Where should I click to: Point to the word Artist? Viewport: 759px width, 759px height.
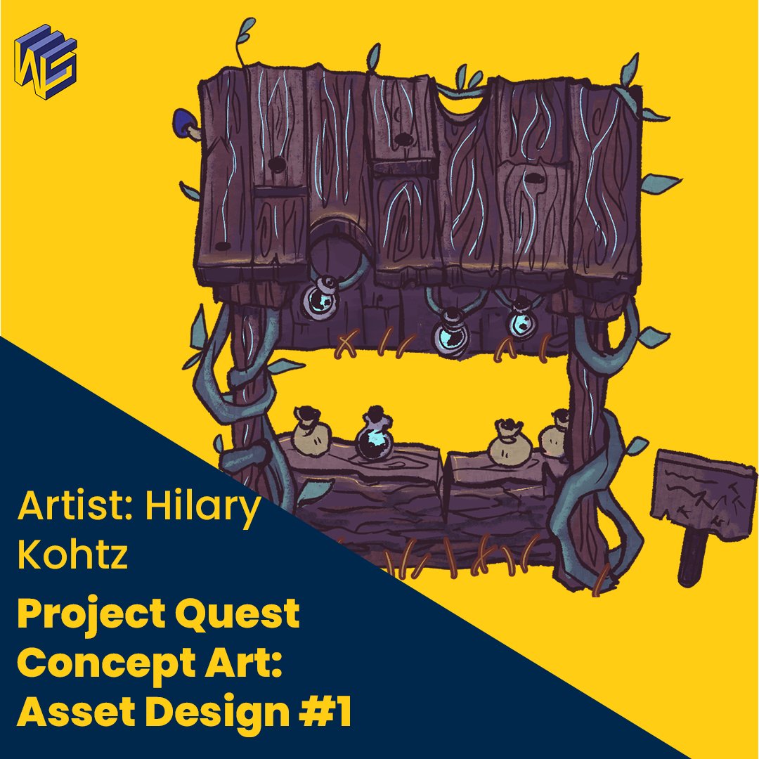click(78, 505)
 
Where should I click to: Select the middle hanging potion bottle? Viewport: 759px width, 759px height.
click(448, 336)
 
